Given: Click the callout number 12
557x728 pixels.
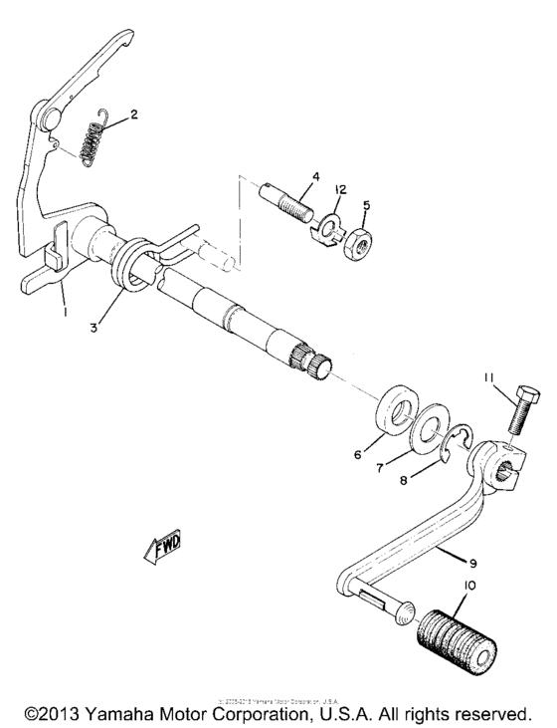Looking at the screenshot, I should coord(340,188).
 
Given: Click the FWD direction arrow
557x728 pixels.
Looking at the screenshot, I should coord(168,548).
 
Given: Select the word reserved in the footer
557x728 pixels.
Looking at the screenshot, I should coord(492,713).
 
